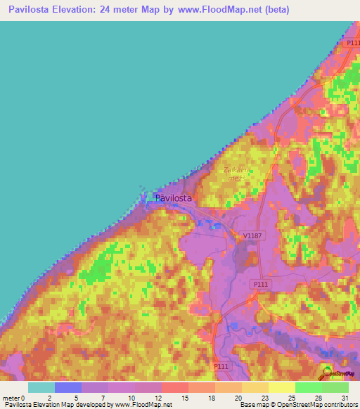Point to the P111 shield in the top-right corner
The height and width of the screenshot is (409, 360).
coord(352,44)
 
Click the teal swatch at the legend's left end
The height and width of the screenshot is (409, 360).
coord(41,387)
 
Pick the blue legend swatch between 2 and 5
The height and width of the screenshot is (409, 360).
coord(67,387)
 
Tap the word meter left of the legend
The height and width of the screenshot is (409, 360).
coord(11,398)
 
